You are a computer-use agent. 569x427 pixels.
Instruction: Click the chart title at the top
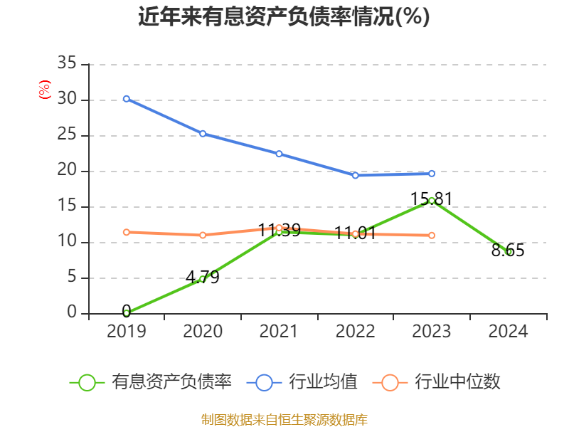coord(284,17)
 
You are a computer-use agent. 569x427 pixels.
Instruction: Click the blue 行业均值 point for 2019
coord(126,98)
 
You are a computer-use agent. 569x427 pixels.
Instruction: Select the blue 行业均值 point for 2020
coord(203,133)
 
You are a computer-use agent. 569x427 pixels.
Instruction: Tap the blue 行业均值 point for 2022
coord(355,175)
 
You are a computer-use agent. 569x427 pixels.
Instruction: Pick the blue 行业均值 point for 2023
coord(432,173)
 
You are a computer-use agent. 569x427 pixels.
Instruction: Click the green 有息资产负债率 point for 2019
coord(126,313)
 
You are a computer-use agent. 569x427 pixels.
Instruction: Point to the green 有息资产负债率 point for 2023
coord(432,201)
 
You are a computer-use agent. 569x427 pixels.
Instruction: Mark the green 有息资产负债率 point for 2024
coord(509,251)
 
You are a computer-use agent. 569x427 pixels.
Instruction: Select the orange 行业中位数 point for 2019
coord(126,232)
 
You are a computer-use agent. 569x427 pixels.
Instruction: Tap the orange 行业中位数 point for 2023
coord(432,235)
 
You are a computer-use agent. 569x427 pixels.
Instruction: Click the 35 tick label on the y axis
coord(67,64)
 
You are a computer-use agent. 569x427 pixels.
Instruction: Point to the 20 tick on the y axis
coord(67,171)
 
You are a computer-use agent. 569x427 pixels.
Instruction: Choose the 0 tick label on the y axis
coord(72,313)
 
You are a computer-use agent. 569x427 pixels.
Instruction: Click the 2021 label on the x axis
coord(279,332)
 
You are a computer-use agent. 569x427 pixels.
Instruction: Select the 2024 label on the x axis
coord(509,332)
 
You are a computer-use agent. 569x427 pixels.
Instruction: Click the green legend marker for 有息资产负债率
coord(87,382)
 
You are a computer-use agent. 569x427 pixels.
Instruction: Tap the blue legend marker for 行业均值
coord(264,382)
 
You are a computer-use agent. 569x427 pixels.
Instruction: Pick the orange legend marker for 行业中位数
coord(390,382)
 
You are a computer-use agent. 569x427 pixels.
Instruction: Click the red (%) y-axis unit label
coord(45,90)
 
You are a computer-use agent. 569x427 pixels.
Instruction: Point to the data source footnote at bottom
coord(284,419)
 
